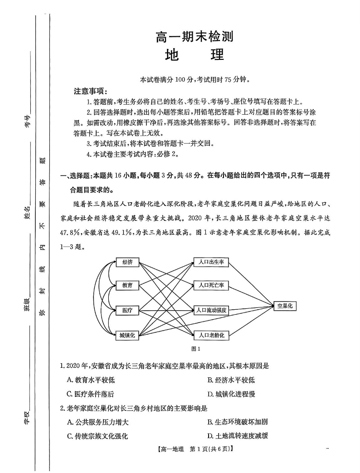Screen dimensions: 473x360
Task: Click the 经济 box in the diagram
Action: tap(127, 262)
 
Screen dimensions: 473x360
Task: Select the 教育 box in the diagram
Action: tap(127, 285)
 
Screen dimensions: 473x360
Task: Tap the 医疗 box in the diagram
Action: tap(127, 311)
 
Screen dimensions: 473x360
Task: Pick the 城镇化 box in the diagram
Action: tap(127, 336)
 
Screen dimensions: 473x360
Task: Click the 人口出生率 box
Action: tap(211, 262)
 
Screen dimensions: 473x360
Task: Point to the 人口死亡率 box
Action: tap(211, 285)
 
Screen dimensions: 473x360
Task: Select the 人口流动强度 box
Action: tap(211, 311)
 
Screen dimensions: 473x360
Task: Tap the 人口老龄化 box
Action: tap(211, 336)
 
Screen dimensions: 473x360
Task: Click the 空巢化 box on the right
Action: tap(285, 306)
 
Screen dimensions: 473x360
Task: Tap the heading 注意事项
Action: tap(89, 91)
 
